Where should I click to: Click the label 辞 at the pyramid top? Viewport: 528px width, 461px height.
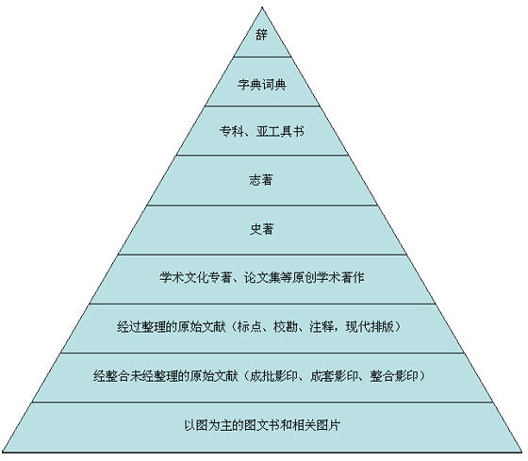point(262,34)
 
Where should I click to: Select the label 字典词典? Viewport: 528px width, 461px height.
point(262,84)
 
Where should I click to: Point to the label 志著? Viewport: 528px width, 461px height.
point(261,180)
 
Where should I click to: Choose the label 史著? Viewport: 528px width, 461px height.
point(262,229)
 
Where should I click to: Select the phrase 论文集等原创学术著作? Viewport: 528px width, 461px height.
point(304,278)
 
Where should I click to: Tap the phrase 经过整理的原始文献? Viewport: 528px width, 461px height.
point(171,326)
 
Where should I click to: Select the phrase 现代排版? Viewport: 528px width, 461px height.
point(370,326)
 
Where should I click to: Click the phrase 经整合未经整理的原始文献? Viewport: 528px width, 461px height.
point(165,376)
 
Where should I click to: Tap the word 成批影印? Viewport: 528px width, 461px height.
point(273,376)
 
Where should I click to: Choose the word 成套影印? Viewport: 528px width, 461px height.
point(334,376)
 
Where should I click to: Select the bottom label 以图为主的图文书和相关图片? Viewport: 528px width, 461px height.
point(262,425)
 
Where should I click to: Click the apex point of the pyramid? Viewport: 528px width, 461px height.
point(262,8)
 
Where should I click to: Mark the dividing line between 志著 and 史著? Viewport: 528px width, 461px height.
point(262,205)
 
